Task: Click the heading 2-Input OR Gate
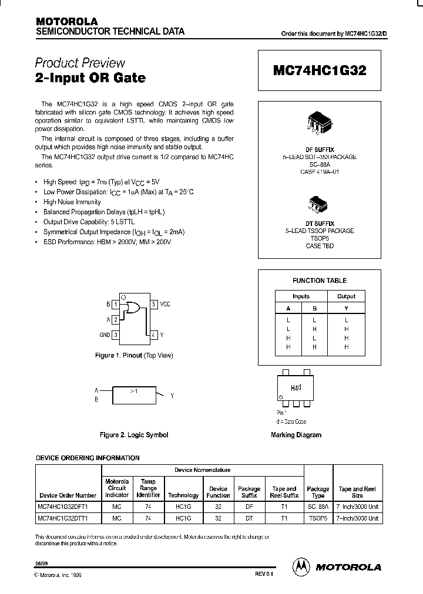(x=90, y=77)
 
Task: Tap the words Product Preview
(x=80, y=63)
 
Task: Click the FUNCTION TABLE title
(x=320, y=281)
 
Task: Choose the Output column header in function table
(x=346, y=296)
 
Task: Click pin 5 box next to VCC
(x=153, y=305)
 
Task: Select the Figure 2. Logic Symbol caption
(x=134, y=435)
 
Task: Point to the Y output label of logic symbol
(x=172, y=396)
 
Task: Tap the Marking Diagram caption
(x=296, y=435)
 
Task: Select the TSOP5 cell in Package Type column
(x=318, y=519)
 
